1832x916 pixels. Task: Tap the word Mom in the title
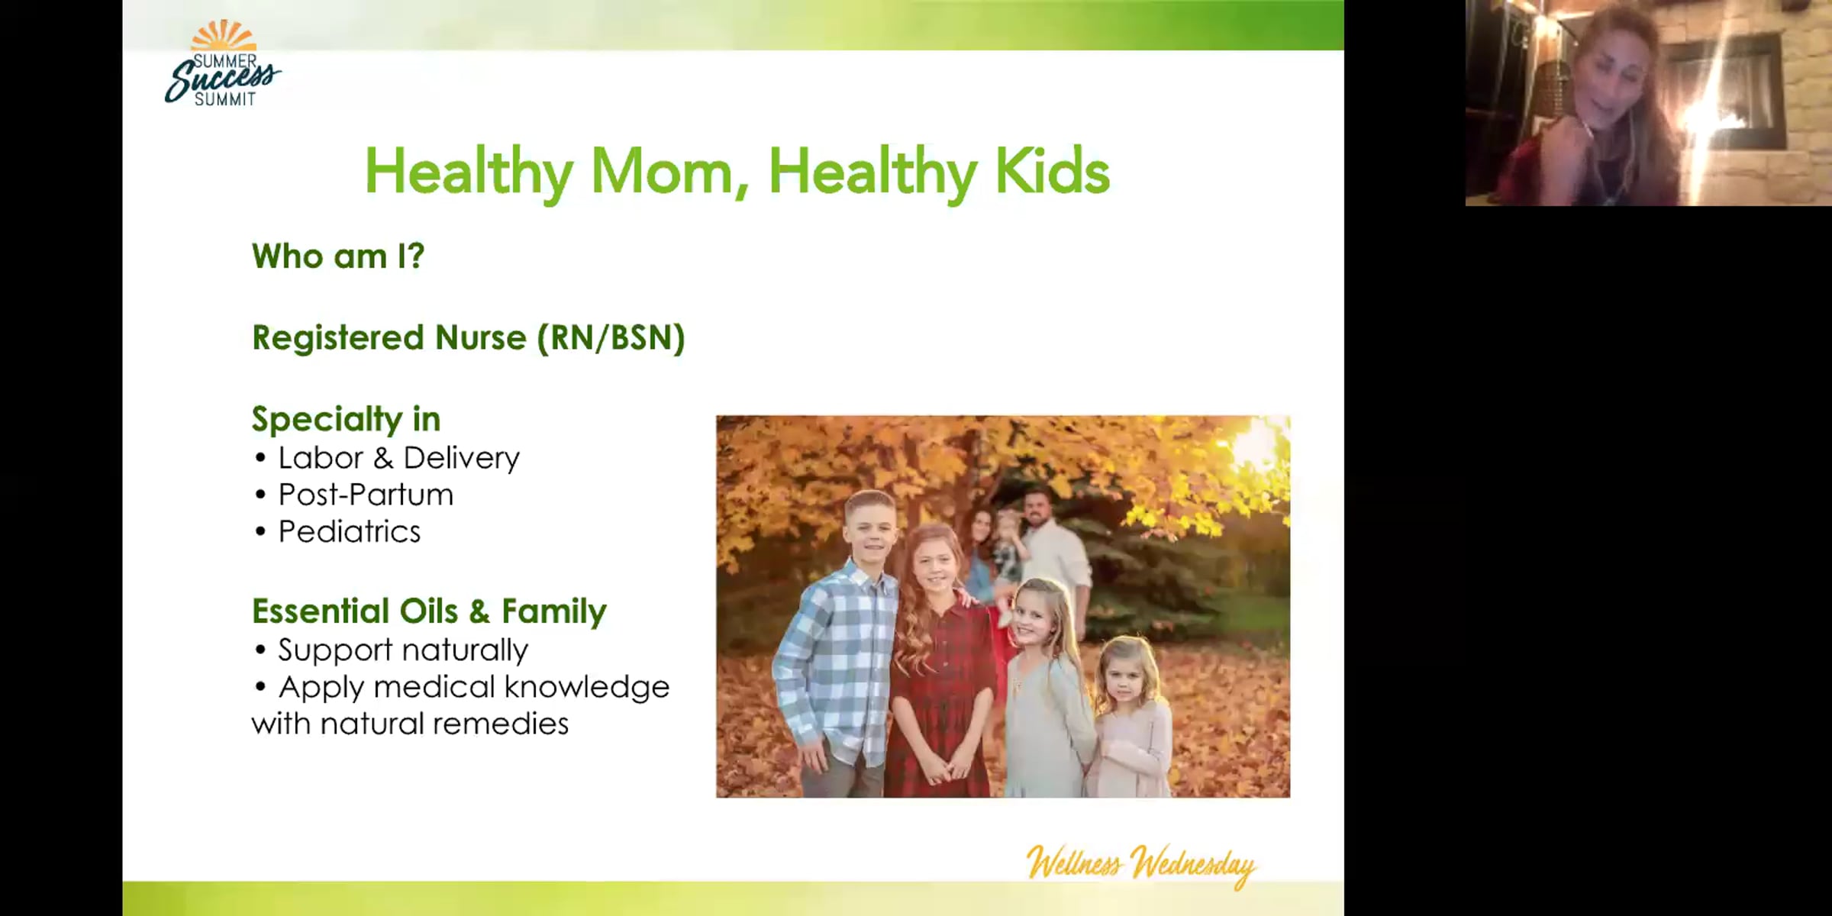(662, 172)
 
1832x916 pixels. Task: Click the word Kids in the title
(1052, 172)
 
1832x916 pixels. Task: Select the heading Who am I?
(337, 256)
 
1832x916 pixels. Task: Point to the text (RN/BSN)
(611, 338)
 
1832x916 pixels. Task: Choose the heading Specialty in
(346, 419)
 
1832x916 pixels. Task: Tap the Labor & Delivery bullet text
(398, 458)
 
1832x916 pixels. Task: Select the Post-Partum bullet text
(366, 495)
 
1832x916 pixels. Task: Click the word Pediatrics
(349, 531)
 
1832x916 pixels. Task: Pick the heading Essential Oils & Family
(429, 611)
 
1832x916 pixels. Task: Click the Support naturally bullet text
(402, 650)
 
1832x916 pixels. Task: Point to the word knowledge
(586, 687)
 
